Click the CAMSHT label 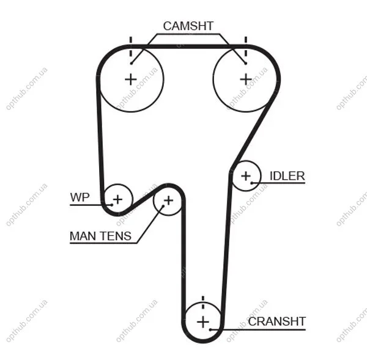pyautogui.click(x=188, y=26)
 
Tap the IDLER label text pyautogui.click(x=287, y=176)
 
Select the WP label pyautogui.click(x=80, y=197)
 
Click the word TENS pyautogui.click(x=116, y=236)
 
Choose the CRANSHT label pyautogui.click(x=277, y=321)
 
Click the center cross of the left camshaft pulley pyautogui.click(x=131, y=79)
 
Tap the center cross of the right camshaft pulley pyautogui.click(x=246, y=79)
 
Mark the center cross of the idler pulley pyautogui.click(x=246, y=176)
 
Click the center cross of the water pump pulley pyautogui.click(x=117, y=199)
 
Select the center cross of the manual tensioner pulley pyautogui.click(x=168, y=200)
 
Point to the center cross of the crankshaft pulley pyautogui.click(x=203, y=322)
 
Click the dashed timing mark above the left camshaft pyautogui.click(x=131, y=47)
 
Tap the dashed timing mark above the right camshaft pyautogui.click(x=246, y=47)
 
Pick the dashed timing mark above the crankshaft pyautogui.click(x=203, y=303)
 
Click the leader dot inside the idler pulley pyautogui.click(x=252, y=183)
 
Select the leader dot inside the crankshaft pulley pyautogui.click(x=210, y=329)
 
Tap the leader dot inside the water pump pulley pyautogui.click(x=112, y=205)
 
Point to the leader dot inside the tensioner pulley pyautogui.click(x=163, y=206)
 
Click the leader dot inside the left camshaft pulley pyautogui.click(x=132, y=63)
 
